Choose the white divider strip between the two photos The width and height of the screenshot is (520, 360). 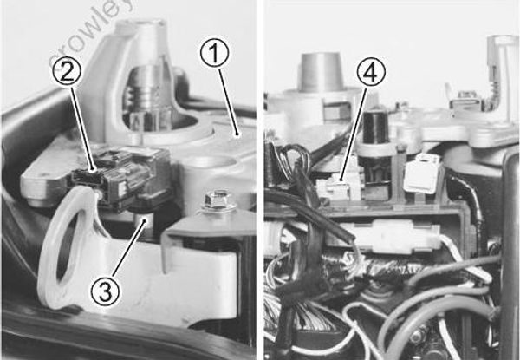pyautogui.click(x=259, y=173)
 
